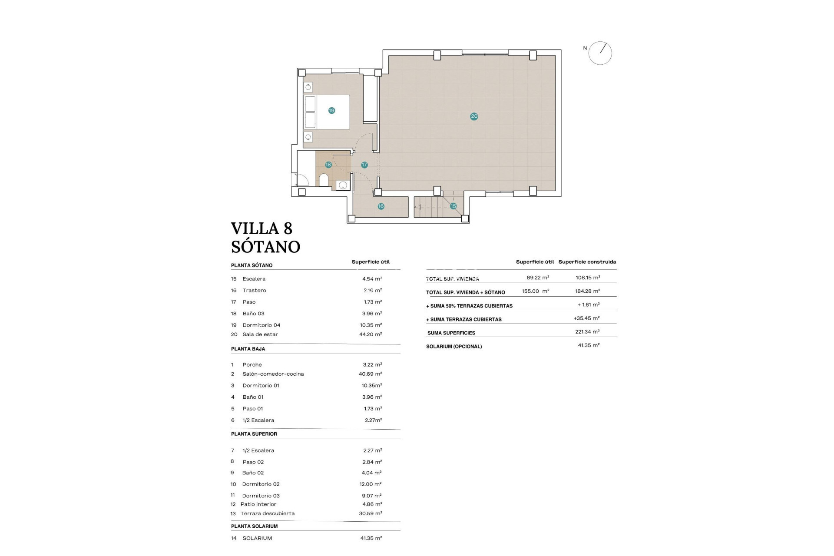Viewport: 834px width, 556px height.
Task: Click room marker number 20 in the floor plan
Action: tap(474, 116)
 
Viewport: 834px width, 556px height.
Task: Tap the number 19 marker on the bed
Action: tap(331, 111)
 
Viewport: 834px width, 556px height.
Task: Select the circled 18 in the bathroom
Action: tap(328, 165)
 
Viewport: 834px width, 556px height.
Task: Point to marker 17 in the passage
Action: tap(364, 165)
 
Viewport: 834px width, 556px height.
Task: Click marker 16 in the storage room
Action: tap(381, 206)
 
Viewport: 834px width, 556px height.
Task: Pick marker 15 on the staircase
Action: tap(453, 206)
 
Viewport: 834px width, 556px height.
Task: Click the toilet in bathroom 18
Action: tap(324, 180)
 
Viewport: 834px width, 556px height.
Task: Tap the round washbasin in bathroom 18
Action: tap(343, 185)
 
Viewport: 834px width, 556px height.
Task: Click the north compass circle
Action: tap(600, 53)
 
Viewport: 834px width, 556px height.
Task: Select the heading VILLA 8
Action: tap(261, 228)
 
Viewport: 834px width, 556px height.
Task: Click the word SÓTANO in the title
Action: tap(265, 247)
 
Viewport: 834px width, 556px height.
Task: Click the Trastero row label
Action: tap(254, 291)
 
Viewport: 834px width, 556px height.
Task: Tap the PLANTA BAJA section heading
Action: tap(248, 349)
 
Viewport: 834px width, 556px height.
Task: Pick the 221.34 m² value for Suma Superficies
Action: tap(587, 332)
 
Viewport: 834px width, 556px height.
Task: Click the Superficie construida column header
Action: tap(587, 262)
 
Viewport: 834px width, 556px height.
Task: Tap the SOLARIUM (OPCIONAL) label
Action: tap(454, 347)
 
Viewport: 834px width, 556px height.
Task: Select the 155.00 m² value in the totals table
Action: tap(535, 291)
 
